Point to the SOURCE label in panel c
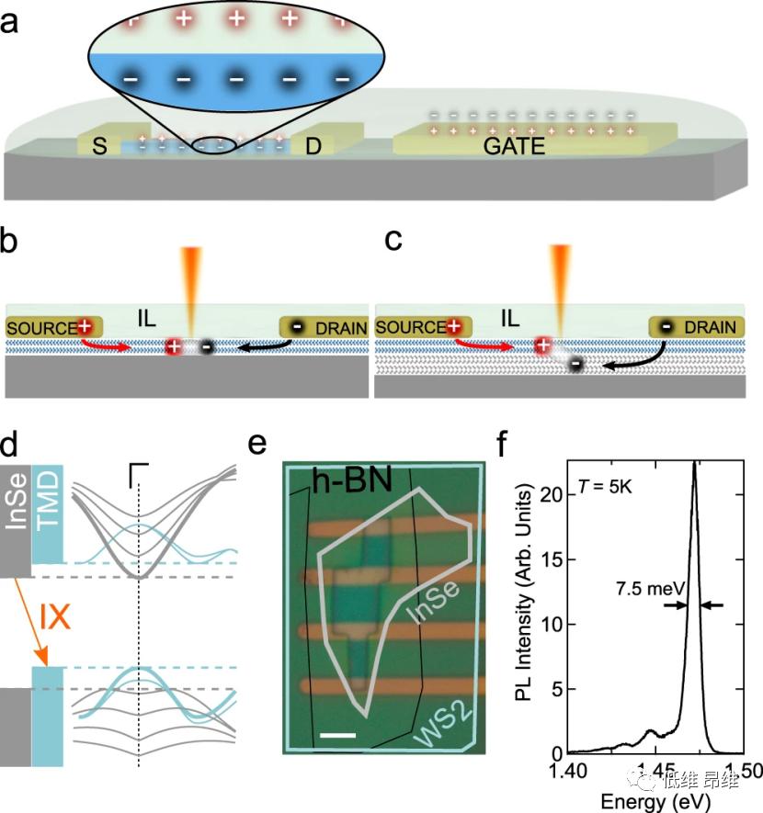coord(410,327)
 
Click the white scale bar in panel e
coord(338,735)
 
